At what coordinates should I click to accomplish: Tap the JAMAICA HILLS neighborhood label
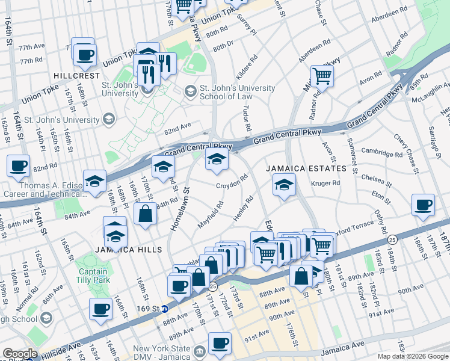pos(128,249)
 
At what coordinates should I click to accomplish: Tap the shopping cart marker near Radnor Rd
pos(322,76)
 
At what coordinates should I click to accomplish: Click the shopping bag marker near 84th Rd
pos(146,214)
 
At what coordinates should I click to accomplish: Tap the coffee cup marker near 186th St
pos(423,206)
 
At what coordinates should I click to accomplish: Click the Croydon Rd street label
pos(233,182)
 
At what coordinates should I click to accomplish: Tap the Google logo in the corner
pos(20,353)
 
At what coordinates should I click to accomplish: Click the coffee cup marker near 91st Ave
pos(220,342)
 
